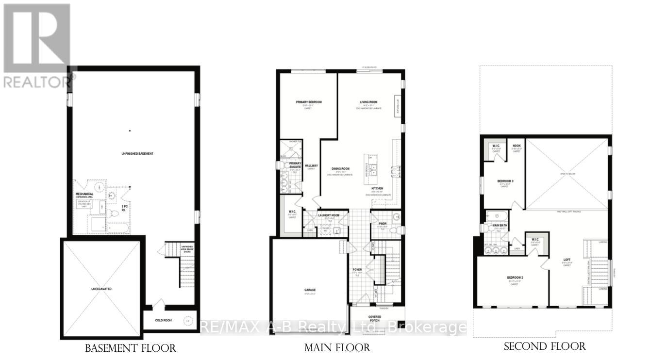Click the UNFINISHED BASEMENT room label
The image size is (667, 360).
[x=137, y=154]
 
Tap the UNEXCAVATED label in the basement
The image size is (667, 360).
[x=101, y=289]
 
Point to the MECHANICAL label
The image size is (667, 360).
[x=84, y=194]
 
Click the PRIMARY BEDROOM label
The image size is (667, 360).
[x=309, y=102]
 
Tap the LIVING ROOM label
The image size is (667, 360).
[x=368, y=102]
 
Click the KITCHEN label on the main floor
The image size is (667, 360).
[x=377, y=188]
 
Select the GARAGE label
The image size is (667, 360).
[x=310, y=291]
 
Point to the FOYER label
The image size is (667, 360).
[x=357, y=269]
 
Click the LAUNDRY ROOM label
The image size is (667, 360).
[x=329, y=215]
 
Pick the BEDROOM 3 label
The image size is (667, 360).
[x=505, y=181]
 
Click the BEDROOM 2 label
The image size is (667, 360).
[x=515, y=278]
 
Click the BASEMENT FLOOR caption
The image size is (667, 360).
[x=130, y=348]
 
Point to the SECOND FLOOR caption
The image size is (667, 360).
[x=545, y=346]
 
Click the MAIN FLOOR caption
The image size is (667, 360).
[x=337, y=348]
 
